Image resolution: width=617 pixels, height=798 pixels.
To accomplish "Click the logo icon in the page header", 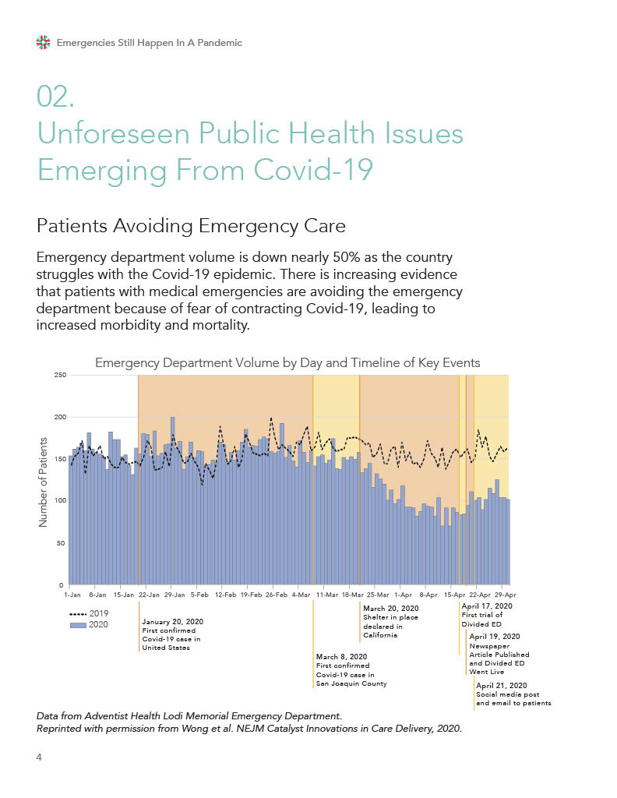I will click(44, 42).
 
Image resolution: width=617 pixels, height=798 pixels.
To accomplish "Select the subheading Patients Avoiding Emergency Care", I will click(191, 226).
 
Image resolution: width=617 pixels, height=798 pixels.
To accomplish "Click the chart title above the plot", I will click(287, 362).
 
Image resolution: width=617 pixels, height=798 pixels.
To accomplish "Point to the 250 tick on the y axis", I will click(59, 376).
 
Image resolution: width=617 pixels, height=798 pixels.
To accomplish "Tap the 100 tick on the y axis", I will click(59, 500).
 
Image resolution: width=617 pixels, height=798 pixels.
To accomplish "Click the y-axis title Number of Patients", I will click(44, 481).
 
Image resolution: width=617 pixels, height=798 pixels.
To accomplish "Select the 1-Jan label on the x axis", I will click(72, 594).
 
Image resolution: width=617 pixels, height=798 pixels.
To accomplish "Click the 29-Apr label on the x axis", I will click(506, 594).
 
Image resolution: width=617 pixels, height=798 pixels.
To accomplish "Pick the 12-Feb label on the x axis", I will click(225, 594).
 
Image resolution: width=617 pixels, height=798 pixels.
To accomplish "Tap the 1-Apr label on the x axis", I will click(404, 594).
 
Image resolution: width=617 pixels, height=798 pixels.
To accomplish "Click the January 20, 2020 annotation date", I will click(172, 621).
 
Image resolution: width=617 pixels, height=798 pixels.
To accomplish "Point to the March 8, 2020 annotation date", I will click(341, 656).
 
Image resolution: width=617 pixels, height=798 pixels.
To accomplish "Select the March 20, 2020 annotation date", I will click(390, 608).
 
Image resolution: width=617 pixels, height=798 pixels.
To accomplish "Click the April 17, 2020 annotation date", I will click(487, 606).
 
